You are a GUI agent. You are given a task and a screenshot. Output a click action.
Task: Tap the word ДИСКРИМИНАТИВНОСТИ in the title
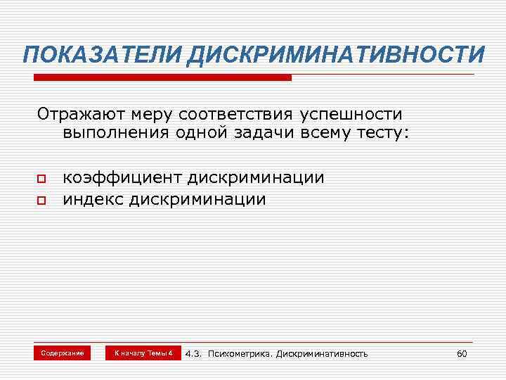pos(335,54)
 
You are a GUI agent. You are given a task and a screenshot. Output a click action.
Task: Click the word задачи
pos(268,133)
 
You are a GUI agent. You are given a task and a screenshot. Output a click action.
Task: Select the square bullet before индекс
pos(41,201)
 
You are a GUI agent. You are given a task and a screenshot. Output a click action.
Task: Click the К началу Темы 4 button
pos(143,353)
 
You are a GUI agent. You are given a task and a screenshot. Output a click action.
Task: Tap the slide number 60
pos(462,353)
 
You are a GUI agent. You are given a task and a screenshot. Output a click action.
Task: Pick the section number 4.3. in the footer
pos(194,353)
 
